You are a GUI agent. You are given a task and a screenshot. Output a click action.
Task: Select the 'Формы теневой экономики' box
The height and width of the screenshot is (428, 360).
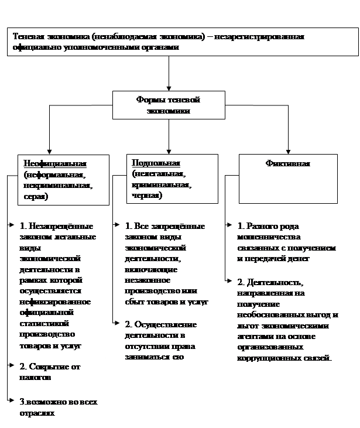(169, 105)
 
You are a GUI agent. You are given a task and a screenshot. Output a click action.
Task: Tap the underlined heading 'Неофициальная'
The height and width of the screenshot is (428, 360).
(55, 163)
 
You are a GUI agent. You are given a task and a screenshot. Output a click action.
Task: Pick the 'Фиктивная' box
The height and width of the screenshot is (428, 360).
(288, 164)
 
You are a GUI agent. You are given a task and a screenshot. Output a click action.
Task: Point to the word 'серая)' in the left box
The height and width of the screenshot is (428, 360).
(36, 197)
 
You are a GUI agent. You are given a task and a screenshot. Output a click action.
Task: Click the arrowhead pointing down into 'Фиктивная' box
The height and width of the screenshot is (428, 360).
(288, 150)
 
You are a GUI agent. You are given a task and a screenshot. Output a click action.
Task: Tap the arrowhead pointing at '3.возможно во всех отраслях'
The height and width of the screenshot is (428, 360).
(12, 401)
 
